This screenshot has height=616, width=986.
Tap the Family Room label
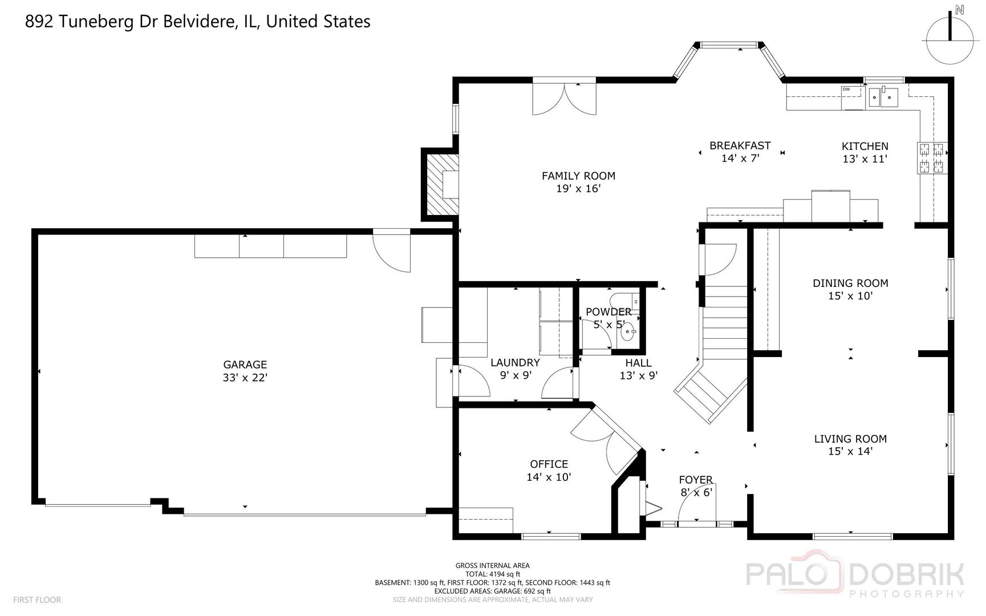pos(578,176)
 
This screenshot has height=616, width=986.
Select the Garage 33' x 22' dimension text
pos(245,378)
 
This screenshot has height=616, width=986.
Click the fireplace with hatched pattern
pos(440,184)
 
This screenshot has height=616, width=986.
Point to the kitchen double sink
pos(883,98)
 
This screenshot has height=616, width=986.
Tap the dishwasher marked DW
pos(854,97)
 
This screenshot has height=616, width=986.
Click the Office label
pos(549,464)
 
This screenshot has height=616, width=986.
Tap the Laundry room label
pos(515,363)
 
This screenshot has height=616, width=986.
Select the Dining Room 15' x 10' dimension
pos(850,296)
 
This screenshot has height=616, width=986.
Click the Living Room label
pos(850,439)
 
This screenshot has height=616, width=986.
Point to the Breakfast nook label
pos(740,145)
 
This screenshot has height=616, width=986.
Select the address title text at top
pos(198,22)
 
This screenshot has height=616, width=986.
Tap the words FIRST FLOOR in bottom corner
pos(37,600)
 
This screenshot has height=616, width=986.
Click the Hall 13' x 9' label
pos(639,369)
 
